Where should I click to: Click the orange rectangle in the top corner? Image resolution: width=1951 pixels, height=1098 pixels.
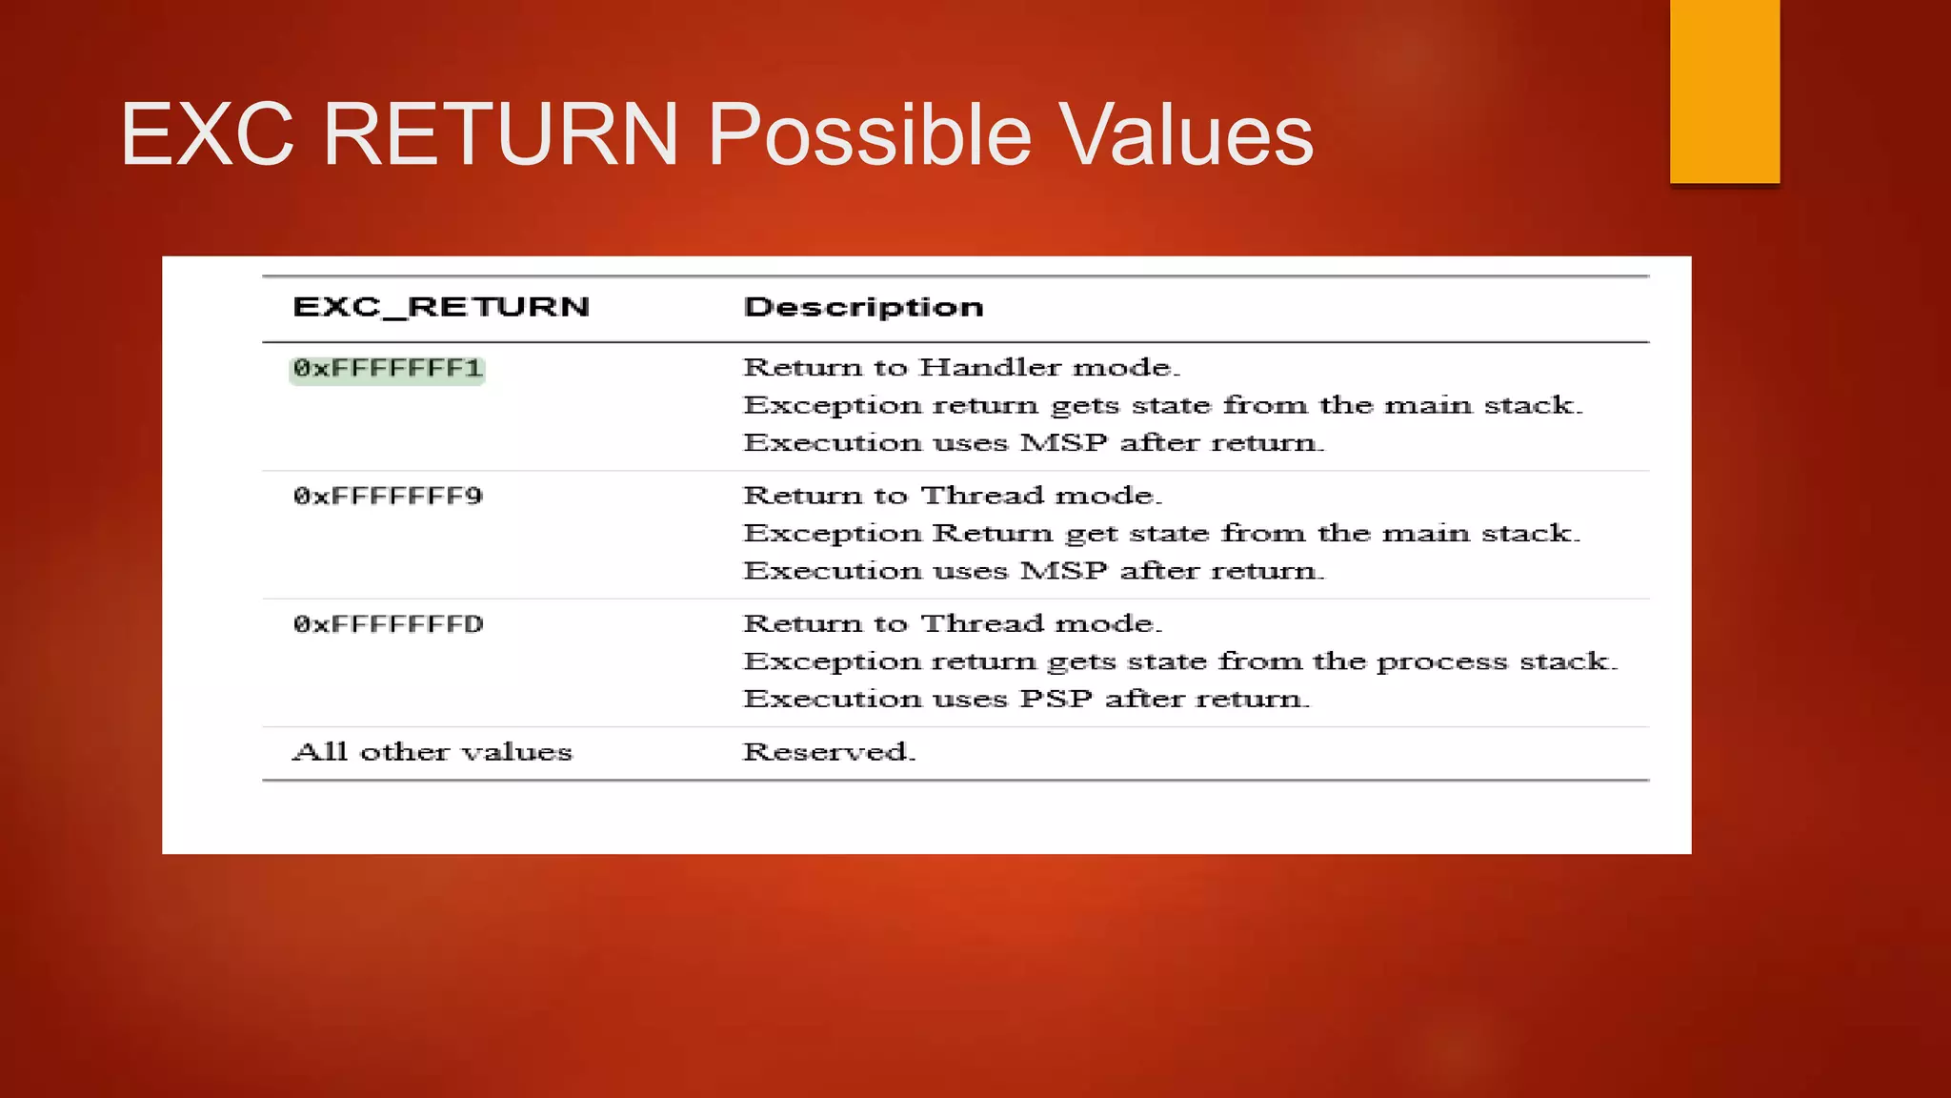click(x=1724, y=91)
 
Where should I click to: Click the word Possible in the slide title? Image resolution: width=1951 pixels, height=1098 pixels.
click(x=869, y=134)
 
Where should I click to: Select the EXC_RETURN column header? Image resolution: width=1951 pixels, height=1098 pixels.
click(x=441, y=307)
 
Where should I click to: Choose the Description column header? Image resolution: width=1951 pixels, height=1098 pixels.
click(x=863, y=307)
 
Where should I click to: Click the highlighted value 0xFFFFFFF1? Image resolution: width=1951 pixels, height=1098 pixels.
click(x=388, y=369)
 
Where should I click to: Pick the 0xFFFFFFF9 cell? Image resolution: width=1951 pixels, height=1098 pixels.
click(x=388, y=497)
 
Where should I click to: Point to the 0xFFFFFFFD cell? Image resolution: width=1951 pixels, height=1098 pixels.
click(x=388, y=624)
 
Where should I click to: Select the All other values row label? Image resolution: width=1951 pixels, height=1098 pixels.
click(x=432, y=752)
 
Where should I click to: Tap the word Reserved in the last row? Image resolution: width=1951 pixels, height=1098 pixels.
click(x=828, y=752)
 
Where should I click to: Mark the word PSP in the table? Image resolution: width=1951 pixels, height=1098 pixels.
click(x=1056, y=699)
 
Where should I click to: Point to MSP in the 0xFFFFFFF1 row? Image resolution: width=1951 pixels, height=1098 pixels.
click(x=1063, y=443)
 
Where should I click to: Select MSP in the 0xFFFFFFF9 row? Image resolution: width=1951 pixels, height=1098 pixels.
click(x=1063, y=571)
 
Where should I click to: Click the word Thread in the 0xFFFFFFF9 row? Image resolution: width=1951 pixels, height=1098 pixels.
click(x=982, y=496)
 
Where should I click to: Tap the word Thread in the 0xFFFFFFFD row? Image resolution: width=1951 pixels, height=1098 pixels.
click(x=982, y=623)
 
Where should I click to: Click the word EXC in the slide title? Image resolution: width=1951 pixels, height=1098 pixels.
click(x=207, y=134)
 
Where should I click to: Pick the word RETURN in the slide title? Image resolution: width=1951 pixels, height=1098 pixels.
click(x=501, y=134)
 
